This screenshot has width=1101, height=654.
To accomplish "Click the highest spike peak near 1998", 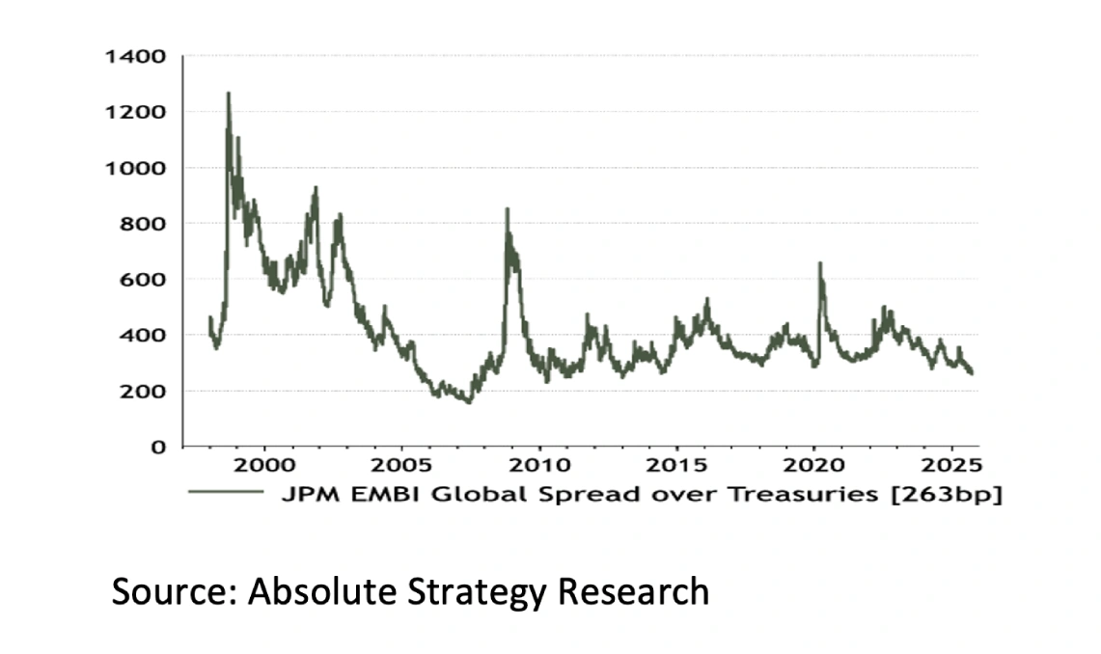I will (x=229, y=94).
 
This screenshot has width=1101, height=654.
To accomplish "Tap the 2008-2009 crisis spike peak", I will (x=508, y=209).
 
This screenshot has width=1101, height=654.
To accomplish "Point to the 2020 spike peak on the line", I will (x=820, y=263).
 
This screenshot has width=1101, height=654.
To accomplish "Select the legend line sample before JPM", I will (x=226, y=492).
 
